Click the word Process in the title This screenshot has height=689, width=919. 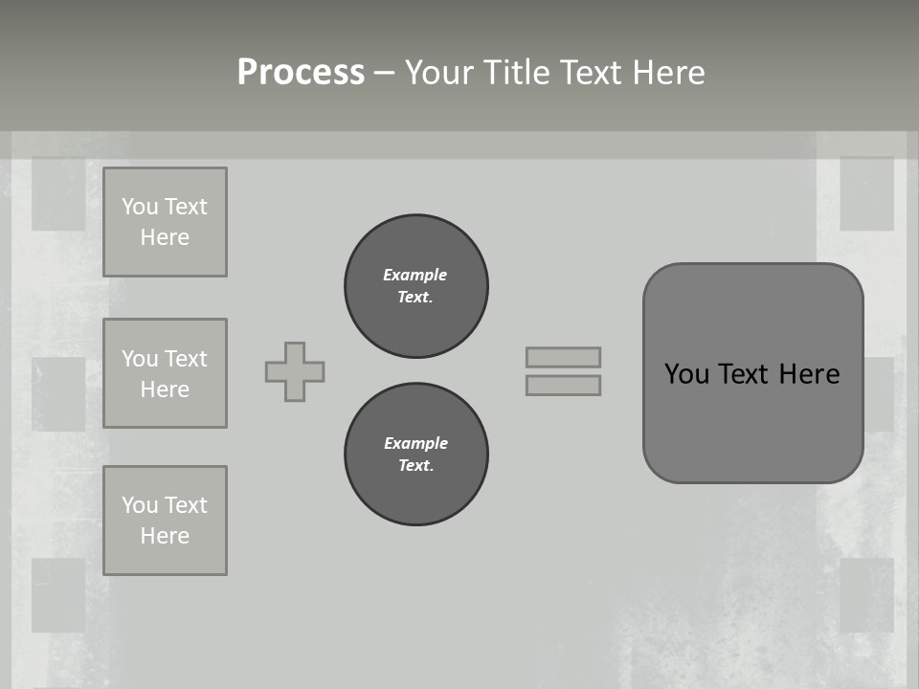pyautogui.click(x=301, y=73)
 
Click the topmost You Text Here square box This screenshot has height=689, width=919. pyautogui.click(x=165, y=222)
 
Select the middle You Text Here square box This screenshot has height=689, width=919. pyautogui.click(x=165, y=373)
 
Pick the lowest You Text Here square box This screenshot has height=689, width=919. pyautogui.click(x=165, y=521)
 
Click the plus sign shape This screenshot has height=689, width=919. pyautogui.click(x=295, y=371)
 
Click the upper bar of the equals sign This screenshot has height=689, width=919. pyautogui.click(x=563, y=357)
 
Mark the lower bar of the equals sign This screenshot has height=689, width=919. pyautogui.click(x=563, y=385)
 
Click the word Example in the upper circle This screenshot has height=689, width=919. pyautogui.click(x=415, y=275)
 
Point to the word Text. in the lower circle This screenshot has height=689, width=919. pyautogui.click(x=415, y=465)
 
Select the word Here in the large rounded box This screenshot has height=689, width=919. pyautogui.click(x=809, y=373)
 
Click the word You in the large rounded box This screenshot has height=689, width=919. pyautogui.click(x=686, y=373)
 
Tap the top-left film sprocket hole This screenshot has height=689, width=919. pyautogui.click(x=58, y=194)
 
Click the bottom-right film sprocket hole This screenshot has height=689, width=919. pyautogui.click(x=866, y=595)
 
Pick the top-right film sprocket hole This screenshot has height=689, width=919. pyautogui.click(x=866, y=194)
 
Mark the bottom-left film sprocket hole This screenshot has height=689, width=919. pyautogui.click(x=58, y=595)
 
